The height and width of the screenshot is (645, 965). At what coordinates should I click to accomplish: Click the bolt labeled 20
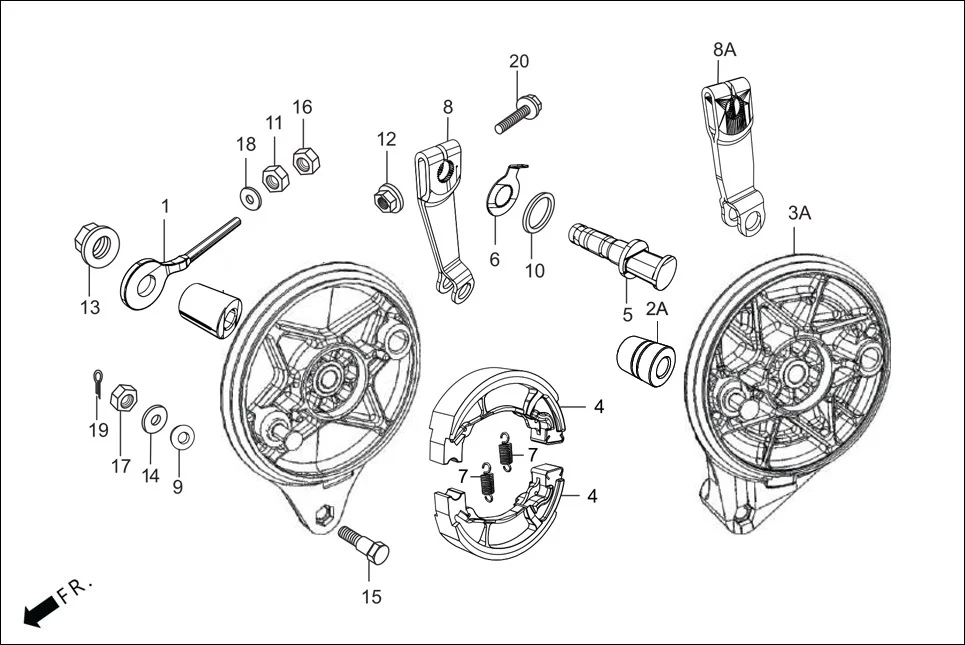tap(518, 113)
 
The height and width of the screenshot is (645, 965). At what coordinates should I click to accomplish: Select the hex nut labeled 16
tap(304, 159)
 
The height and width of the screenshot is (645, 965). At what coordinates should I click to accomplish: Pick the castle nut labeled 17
tap(122, 399)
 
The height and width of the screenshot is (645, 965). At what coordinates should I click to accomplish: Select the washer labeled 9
tap(181, 437)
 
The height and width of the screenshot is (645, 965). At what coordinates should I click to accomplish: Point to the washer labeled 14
tap(155, 418)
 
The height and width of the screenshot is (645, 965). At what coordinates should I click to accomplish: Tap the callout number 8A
tap(724, 48)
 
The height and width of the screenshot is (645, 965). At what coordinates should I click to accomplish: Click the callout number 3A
tap(799, 213)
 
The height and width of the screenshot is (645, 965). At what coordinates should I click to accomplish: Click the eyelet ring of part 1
tap(142, 282)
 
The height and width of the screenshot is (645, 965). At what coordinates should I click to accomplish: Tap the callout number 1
tap(165, 206)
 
